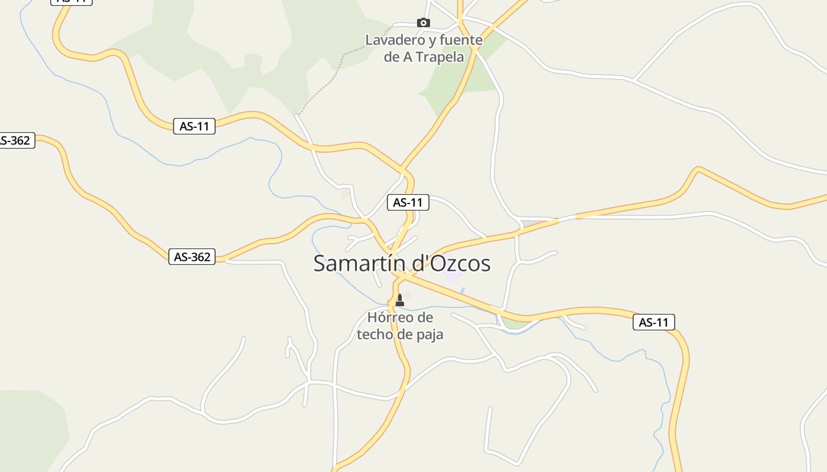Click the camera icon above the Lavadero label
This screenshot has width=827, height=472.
click(x=423, y=23)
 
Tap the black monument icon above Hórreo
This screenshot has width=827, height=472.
click(x=400, y=300)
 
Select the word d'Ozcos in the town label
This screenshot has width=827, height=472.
click(x=451, y=263)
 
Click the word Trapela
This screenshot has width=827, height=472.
click(x=440, y=57)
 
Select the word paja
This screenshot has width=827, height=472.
click(x=428, y=334)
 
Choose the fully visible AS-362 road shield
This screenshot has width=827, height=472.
click(x=192, y=257)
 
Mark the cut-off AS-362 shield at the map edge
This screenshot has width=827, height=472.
click(x=16, y=140)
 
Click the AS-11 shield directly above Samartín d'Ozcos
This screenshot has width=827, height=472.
click(x=408, y=202)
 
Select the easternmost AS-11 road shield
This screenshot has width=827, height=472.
click(x=653, y=322)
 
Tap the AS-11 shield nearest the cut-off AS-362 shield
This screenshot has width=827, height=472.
click(x=194, y=126)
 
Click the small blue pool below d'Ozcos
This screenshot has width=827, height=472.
click(x=462, y=290)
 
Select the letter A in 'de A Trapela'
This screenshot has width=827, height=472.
click(x=408, y=57)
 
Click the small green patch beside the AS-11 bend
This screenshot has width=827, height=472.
click(x=515, y=323)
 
